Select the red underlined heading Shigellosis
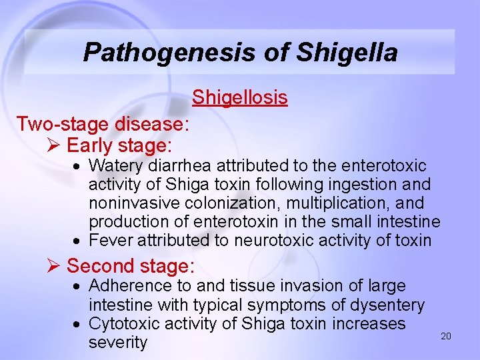click(x=240, y=97)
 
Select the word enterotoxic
click(x=379, y=165)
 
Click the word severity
click(x=118, y=343)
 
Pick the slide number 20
click(x=446, y=336)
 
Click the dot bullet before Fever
click(x=78, y=241)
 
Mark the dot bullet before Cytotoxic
click(x=78, y=325)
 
